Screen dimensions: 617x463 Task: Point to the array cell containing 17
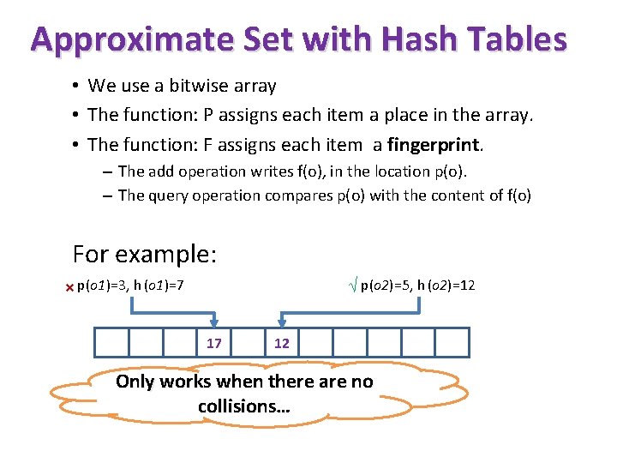213,343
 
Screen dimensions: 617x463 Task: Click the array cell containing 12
281,343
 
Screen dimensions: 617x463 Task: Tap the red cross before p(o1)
69,287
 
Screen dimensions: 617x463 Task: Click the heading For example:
145,255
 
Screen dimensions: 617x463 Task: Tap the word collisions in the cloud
244,406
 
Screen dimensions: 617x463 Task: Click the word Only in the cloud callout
135,382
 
